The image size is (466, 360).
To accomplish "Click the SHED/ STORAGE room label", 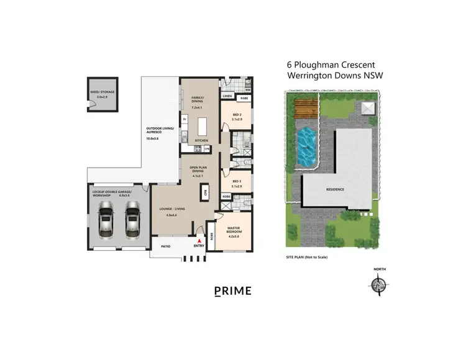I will click(103, 92).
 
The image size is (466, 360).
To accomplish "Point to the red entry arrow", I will click(199, 240).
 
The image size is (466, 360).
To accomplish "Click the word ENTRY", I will click(199, 246).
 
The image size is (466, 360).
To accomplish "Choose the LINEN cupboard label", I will click(227, 97).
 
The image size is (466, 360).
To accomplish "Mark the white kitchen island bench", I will click(201, 127).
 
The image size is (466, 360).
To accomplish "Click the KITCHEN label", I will click(201, 141).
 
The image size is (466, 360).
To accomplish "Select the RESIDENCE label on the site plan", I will click(337, 189).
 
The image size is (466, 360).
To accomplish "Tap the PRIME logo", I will click(233, 290).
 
